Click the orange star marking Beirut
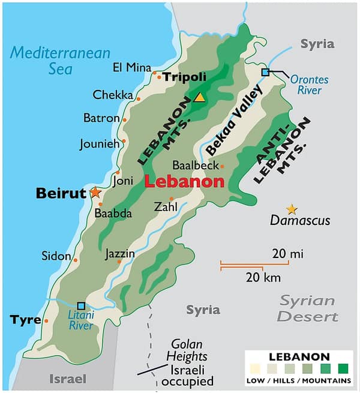[95, 193]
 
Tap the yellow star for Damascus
[292, 209]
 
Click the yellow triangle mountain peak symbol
[199, 97]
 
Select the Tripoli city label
[185, 77]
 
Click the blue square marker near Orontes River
[265, 72]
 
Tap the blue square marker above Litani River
[81, 305]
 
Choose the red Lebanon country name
[184, 182]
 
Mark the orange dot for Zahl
[172, 199]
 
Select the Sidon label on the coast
[56, 256]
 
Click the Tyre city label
[25, 320]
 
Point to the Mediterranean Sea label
[60, 60]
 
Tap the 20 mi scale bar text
[287, 254]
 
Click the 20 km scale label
[263, 277]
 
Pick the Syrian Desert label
[307, 308]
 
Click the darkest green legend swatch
[343, 369]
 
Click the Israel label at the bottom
[67, 379]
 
